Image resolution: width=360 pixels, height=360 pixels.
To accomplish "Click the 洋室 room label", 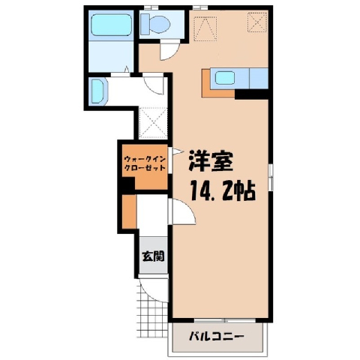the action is [211, 161].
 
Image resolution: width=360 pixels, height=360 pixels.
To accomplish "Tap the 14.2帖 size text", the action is [223, 190].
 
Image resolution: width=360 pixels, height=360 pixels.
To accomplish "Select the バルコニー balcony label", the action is [216, 337].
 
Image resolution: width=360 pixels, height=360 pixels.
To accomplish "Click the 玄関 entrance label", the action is [153, 256].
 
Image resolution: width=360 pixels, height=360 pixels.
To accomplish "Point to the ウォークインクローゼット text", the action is [145, 163].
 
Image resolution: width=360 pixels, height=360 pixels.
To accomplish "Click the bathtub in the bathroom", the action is [111, 25].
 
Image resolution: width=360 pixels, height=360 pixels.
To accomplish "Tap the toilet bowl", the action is [155, 24].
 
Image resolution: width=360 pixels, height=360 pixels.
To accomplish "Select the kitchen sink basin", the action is [225, 78].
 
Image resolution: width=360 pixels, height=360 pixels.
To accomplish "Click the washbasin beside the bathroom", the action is [98, 91].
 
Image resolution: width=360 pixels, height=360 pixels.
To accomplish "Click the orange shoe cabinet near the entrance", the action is [129, 211].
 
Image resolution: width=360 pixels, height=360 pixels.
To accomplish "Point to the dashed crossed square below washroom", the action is [153, 123].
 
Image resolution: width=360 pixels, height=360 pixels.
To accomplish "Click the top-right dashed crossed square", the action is [257, 22].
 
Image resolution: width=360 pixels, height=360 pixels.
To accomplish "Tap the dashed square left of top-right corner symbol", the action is [205, 28].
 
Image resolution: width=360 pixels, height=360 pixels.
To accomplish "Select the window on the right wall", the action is [271, 177].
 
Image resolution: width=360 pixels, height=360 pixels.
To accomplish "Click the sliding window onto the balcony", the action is [225, 320].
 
